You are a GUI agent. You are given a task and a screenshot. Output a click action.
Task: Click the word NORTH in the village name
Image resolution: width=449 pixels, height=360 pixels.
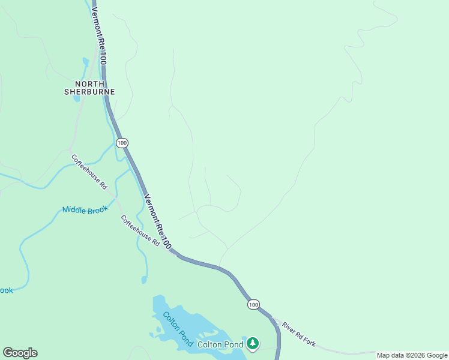[89, 83]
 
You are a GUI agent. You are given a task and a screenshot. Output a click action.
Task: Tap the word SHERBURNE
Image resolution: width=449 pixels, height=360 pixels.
[89, 92]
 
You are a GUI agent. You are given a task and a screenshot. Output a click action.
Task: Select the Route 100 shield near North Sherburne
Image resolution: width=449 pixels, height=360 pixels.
[122, 143]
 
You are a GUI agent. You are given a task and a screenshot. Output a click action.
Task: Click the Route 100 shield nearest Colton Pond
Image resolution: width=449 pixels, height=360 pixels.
[253, 305]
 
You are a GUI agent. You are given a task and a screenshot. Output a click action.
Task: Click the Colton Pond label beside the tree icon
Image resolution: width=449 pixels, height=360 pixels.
[220, 344]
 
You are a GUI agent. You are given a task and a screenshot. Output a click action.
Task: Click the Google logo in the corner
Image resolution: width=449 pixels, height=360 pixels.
[20, 353]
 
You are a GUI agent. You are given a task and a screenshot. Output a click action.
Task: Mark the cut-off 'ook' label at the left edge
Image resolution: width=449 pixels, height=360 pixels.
[5, 290]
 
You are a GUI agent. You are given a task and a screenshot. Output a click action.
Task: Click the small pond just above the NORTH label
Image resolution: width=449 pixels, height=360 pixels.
[86, 62]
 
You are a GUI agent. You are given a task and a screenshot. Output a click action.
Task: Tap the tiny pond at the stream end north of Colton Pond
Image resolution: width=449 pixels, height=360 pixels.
[144, 280]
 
